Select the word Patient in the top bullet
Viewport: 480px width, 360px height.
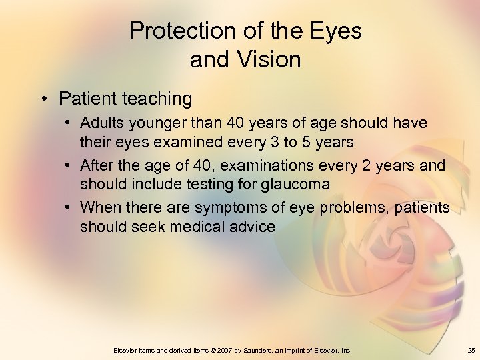pos(87,99)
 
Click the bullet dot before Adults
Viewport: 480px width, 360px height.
pos(69,123)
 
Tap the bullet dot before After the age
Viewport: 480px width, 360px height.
pos(69,165)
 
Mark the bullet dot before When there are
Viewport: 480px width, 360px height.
pos(69,207)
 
